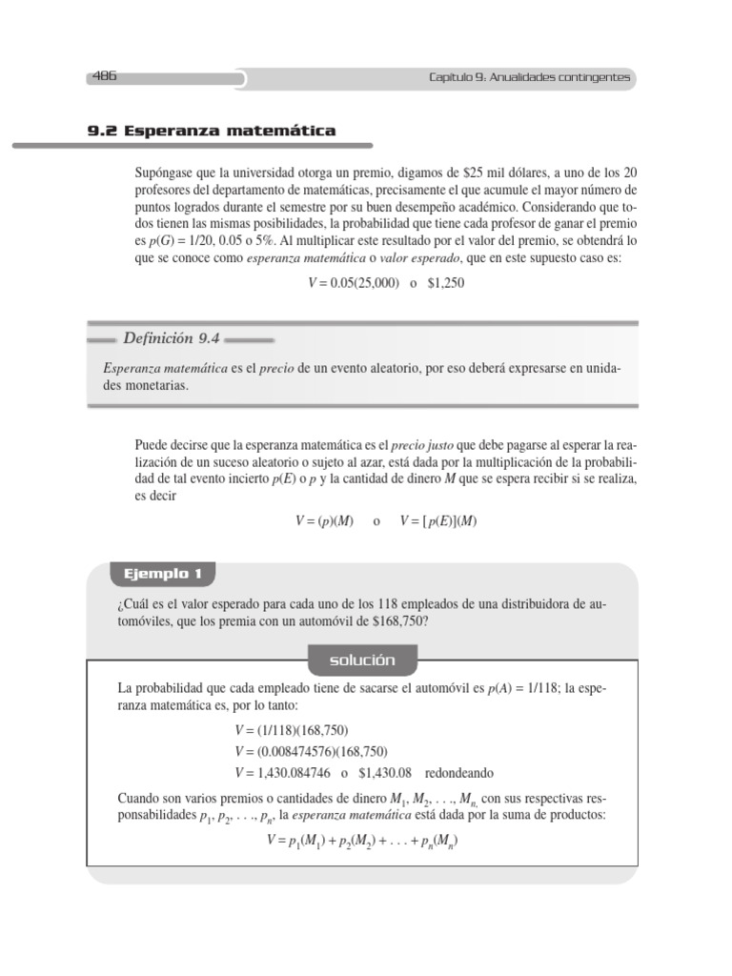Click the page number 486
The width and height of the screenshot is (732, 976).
[x=105, y=77]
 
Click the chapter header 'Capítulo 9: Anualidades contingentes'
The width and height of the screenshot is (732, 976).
[x=529, y=78]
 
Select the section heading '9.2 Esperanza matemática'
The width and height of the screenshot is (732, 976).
[x=211, y=131]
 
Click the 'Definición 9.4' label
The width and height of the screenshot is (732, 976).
[x=172, y=338]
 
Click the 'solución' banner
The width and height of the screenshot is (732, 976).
[x=361, y=660]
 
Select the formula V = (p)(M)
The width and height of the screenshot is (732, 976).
[x=324, y=521]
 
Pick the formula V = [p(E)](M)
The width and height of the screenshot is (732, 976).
[x=437, y=521]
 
